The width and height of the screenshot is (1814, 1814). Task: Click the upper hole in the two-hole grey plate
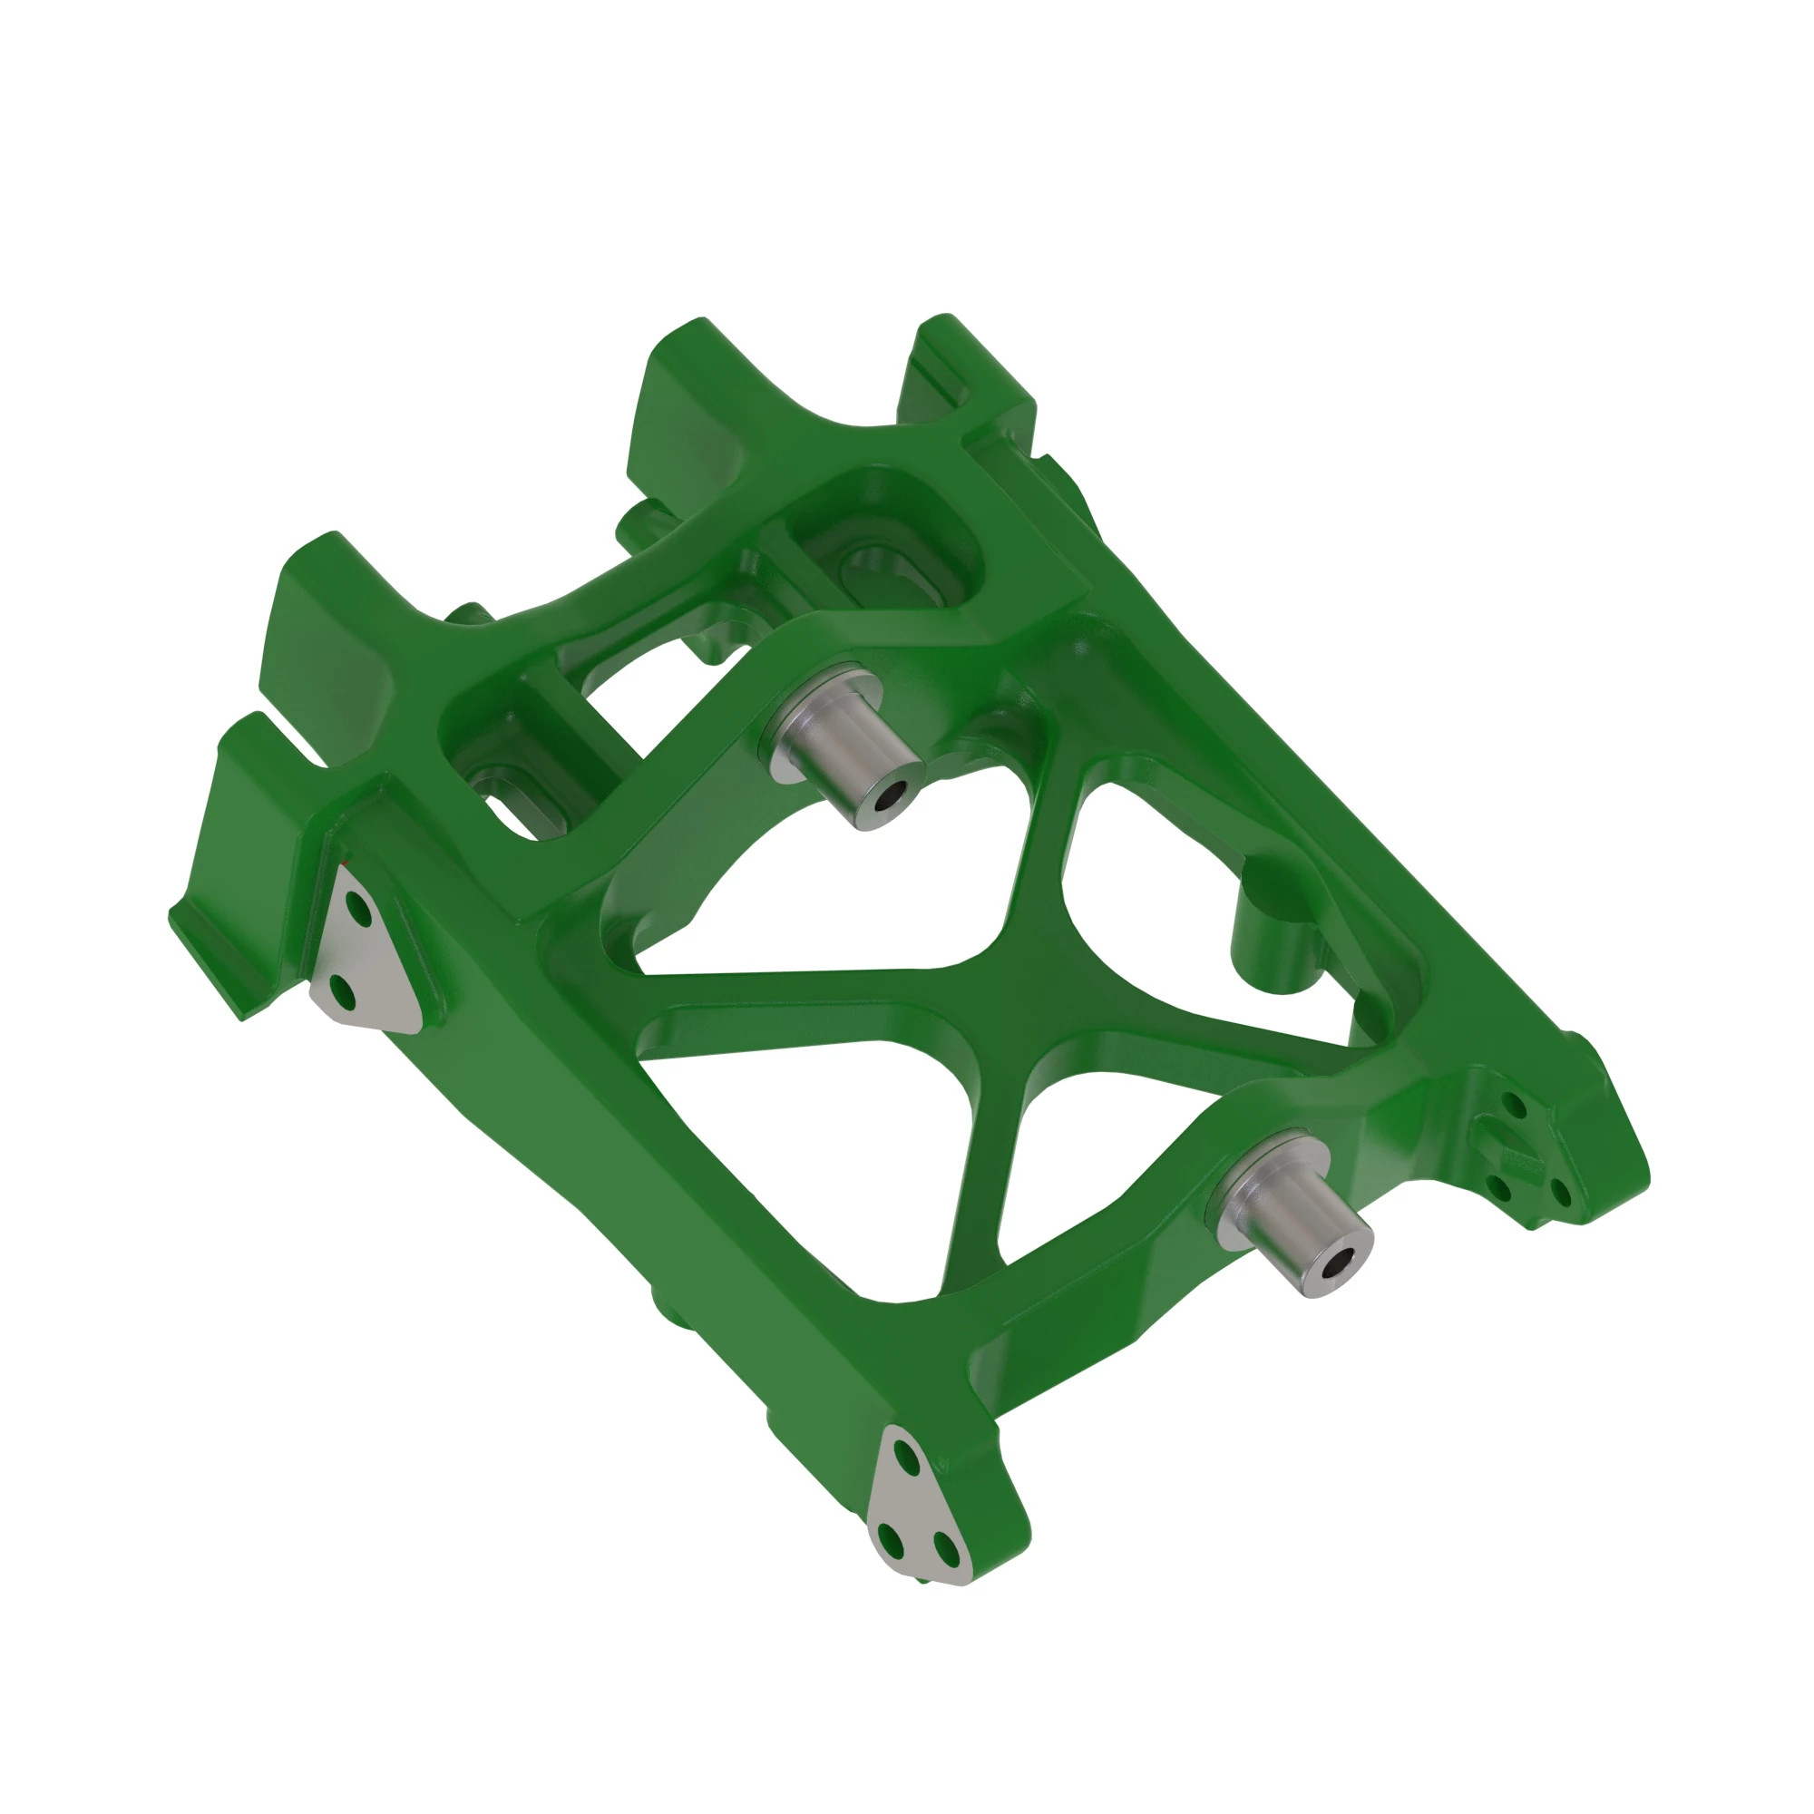click(356, 907)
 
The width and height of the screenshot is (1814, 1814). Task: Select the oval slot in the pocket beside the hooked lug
click(878, 571)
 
